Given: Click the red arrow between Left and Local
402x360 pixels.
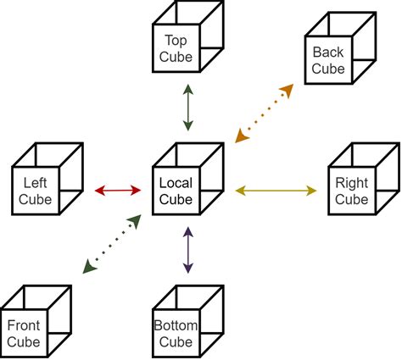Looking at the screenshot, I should [118, 191].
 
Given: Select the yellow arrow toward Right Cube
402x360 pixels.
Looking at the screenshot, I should [275, 191].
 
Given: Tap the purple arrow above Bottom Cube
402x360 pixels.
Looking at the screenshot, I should [187, 251].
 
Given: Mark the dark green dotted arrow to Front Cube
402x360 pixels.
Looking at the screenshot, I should [111, 245].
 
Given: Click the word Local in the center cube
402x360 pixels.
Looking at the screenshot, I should [176, 183].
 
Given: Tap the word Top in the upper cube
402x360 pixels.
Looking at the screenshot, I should [176, 41].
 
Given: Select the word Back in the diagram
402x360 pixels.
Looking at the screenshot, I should [328, 53].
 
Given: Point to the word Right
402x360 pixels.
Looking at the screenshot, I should [351, 183].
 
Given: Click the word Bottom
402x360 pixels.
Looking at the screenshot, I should [176, 326].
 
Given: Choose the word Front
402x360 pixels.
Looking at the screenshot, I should [23, 326].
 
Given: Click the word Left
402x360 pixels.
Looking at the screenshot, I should [36, 183].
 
